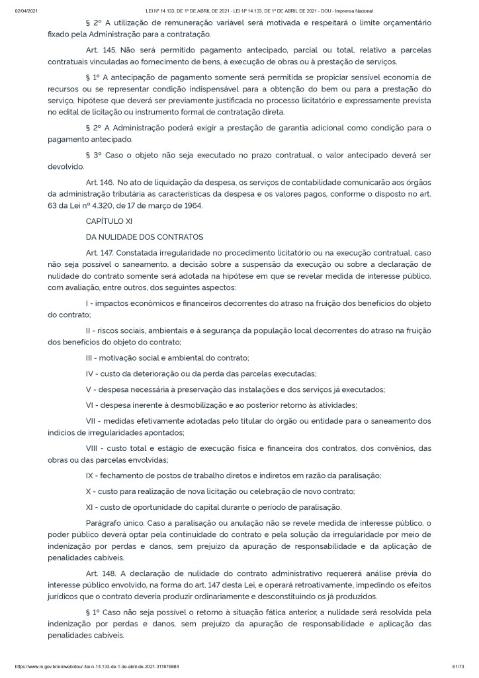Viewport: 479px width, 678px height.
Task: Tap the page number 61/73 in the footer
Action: pyautogui.click(x=457, y=667)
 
